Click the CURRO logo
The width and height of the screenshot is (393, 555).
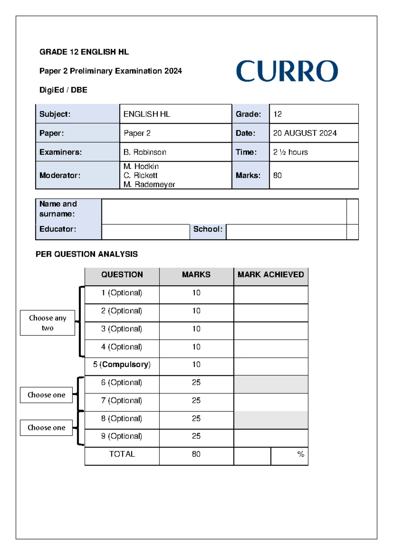point(287,71)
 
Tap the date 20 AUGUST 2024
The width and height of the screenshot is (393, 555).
point(305,133)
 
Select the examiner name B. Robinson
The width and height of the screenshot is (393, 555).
point(145,152)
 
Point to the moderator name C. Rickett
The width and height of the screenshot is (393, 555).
point(140,175)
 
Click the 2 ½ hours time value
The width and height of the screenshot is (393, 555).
point(290,152)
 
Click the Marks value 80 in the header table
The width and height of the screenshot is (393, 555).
point(277,175)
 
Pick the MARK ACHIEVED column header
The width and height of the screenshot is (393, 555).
point(271,275)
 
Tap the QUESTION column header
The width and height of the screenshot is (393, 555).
point(122,275)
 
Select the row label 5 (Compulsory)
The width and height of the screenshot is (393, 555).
point(122,365)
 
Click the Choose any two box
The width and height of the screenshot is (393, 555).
point(47,323)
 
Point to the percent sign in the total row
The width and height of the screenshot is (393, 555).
point(301,454)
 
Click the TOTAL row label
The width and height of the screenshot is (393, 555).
point(122,454)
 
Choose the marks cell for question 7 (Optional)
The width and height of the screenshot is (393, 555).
point(196,401)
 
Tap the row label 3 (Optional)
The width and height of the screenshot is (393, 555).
point(122,329)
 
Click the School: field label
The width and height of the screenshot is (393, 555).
point(208,229)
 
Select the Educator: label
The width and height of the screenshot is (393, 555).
point(58,229)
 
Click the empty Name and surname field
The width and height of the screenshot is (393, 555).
point(224,211)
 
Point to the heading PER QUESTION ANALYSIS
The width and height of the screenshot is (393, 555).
point(86,254)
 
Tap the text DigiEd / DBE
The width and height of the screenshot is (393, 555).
point(63,90)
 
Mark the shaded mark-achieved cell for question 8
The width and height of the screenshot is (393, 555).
point(271,420)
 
